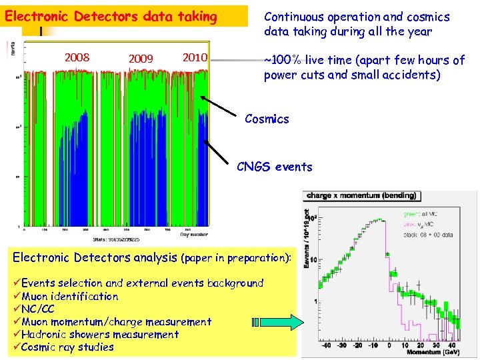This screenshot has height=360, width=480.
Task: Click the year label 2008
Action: [x=77, y=57]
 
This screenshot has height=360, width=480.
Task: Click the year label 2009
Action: [x=141, y=59]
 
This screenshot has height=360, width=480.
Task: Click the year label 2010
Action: [x=195, y=57]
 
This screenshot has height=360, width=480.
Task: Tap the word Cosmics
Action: [x=267, y=119]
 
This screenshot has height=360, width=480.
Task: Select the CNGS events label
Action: [x=275, y=167]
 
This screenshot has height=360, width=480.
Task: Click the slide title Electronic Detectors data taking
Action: [x=111, y=16]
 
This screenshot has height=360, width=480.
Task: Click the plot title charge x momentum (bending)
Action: [x=361, y=196]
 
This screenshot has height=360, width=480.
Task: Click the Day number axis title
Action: [x=193, y=234]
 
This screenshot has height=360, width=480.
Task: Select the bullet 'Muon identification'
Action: [x=70, y=296]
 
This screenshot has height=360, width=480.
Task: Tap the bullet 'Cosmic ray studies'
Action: [x=67, y=347]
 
